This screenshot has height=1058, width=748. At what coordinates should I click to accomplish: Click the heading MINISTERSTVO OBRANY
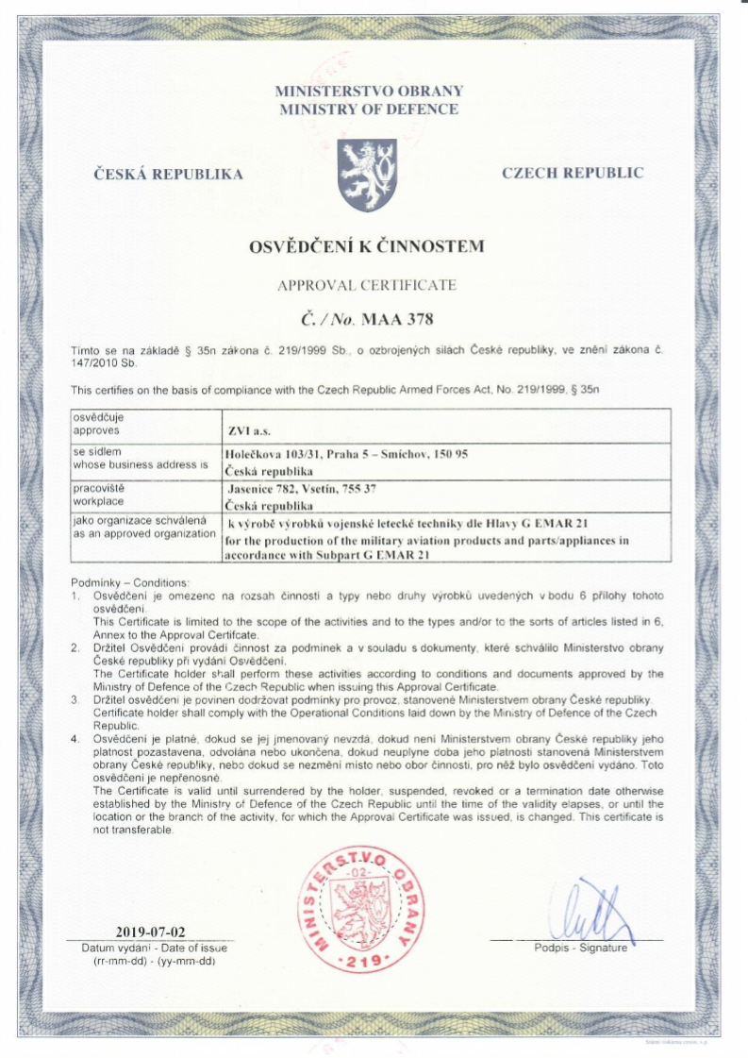click(369, 92)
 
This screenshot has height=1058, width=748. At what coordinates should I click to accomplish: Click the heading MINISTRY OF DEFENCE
click(369, 109)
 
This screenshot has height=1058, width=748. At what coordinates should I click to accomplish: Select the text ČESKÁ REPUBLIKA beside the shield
click(169, 174)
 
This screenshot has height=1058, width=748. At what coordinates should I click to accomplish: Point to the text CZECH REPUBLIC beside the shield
click(573, 173)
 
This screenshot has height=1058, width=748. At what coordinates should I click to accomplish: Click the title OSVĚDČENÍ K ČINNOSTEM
click(366, 247)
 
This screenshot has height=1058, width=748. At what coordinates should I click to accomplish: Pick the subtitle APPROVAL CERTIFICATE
click(368, 284)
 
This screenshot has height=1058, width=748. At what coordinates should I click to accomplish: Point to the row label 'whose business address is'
click(139, 464)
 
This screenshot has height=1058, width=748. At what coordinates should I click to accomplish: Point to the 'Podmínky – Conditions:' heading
click(129, 582)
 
